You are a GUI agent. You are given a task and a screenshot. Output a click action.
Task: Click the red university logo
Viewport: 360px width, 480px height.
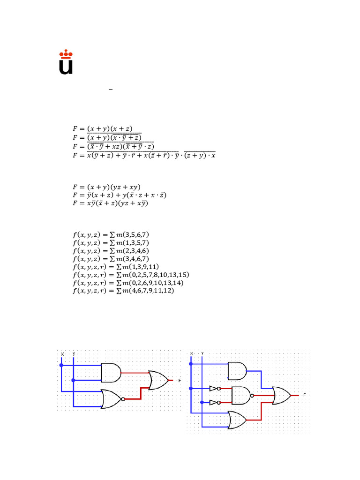click(x=66, y=63)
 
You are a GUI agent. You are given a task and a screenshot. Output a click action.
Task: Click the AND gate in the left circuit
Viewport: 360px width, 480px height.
click(x=111, y=373)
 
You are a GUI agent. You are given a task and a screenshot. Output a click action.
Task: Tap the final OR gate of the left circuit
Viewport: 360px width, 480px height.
click(x=157, y=380)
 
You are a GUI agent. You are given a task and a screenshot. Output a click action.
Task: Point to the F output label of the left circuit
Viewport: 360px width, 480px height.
click(x=179, y=381)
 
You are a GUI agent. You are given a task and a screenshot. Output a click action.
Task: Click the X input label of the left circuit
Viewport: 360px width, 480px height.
click(x=62, y=354)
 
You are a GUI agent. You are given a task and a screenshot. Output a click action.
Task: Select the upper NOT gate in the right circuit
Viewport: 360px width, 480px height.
click(x=214, y=388)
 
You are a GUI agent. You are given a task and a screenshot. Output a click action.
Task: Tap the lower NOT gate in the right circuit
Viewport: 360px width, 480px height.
click(x=214, y=402)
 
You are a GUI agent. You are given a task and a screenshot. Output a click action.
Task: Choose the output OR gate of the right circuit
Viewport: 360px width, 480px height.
click(x=281, y=396)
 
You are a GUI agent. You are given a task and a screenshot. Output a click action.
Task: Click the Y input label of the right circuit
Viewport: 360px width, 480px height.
click(x=202, y=353)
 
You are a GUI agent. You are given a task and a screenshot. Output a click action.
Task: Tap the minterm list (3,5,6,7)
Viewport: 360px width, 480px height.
click(x=111, y=234)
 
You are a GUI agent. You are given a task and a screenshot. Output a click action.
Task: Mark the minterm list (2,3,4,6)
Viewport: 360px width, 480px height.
click(x=111, y=251)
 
